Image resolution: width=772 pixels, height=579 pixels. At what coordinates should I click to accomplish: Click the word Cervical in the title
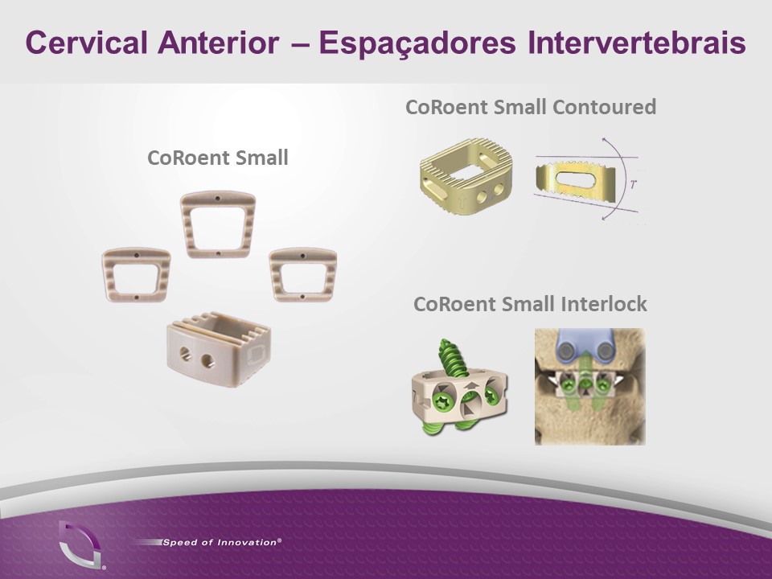87,42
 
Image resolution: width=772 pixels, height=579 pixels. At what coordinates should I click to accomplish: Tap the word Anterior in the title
219,42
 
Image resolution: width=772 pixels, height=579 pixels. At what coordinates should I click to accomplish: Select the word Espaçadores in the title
417,43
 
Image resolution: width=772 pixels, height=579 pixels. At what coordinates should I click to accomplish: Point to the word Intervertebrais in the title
637,42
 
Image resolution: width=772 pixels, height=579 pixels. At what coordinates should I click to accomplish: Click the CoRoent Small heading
218,158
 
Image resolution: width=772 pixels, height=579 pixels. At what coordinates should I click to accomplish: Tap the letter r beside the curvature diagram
633,184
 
